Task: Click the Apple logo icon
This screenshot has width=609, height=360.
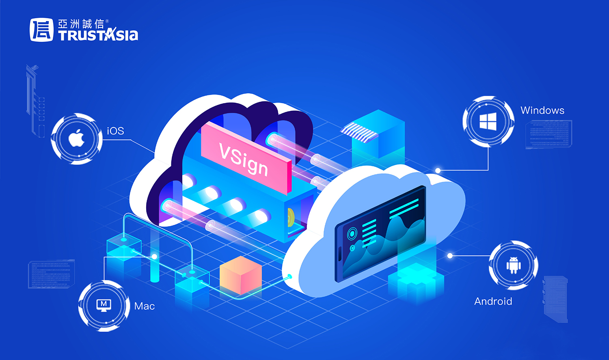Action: click(76, 139)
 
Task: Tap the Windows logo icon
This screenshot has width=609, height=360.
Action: click(488, 121)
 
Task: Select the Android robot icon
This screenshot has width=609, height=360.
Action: click(513, 265)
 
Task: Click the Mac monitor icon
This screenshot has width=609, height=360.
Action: click(104, 305)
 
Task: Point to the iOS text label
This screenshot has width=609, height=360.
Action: click(115, 131)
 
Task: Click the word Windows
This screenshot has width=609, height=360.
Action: click(542, 110)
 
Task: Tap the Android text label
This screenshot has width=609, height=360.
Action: click(493, 301)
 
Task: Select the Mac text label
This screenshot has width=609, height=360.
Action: click(145, 306)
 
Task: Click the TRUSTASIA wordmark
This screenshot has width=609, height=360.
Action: click(98, 36)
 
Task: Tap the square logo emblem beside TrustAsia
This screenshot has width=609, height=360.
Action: click(41, 30)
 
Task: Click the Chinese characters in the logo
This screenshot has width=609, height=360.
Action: click(81, 24)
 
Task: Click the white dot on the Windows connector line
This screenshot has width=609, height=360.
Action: click(438, 170)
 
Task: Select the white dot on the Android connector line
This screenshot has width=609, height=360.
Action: click(450, 256)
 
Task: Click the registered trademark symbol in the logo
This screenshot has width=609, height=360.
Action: click(107, 21)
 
